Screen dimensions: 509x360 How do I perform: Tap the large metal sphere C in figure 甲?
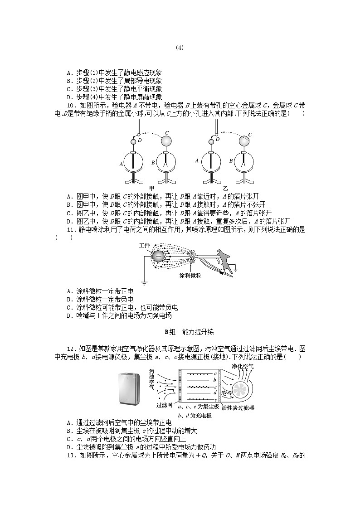[x=168, y=141]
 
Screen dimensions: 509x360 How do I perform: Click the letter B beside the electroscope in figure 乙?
[x=231, y=161]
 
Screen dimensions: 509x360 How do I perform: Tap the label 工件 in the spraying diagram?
[x=144, y=245]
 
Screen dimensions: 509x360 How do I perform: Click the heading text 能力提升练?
[x=198, y=332]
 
